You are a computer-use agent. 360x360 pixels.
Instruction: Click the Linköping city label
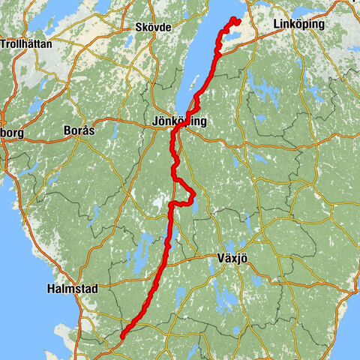point(299,25)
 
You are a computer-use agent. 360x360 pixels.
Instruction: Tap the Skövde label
point(154,27)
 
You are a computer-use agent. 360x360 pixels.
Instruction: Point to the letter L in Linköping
point(277,25)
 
